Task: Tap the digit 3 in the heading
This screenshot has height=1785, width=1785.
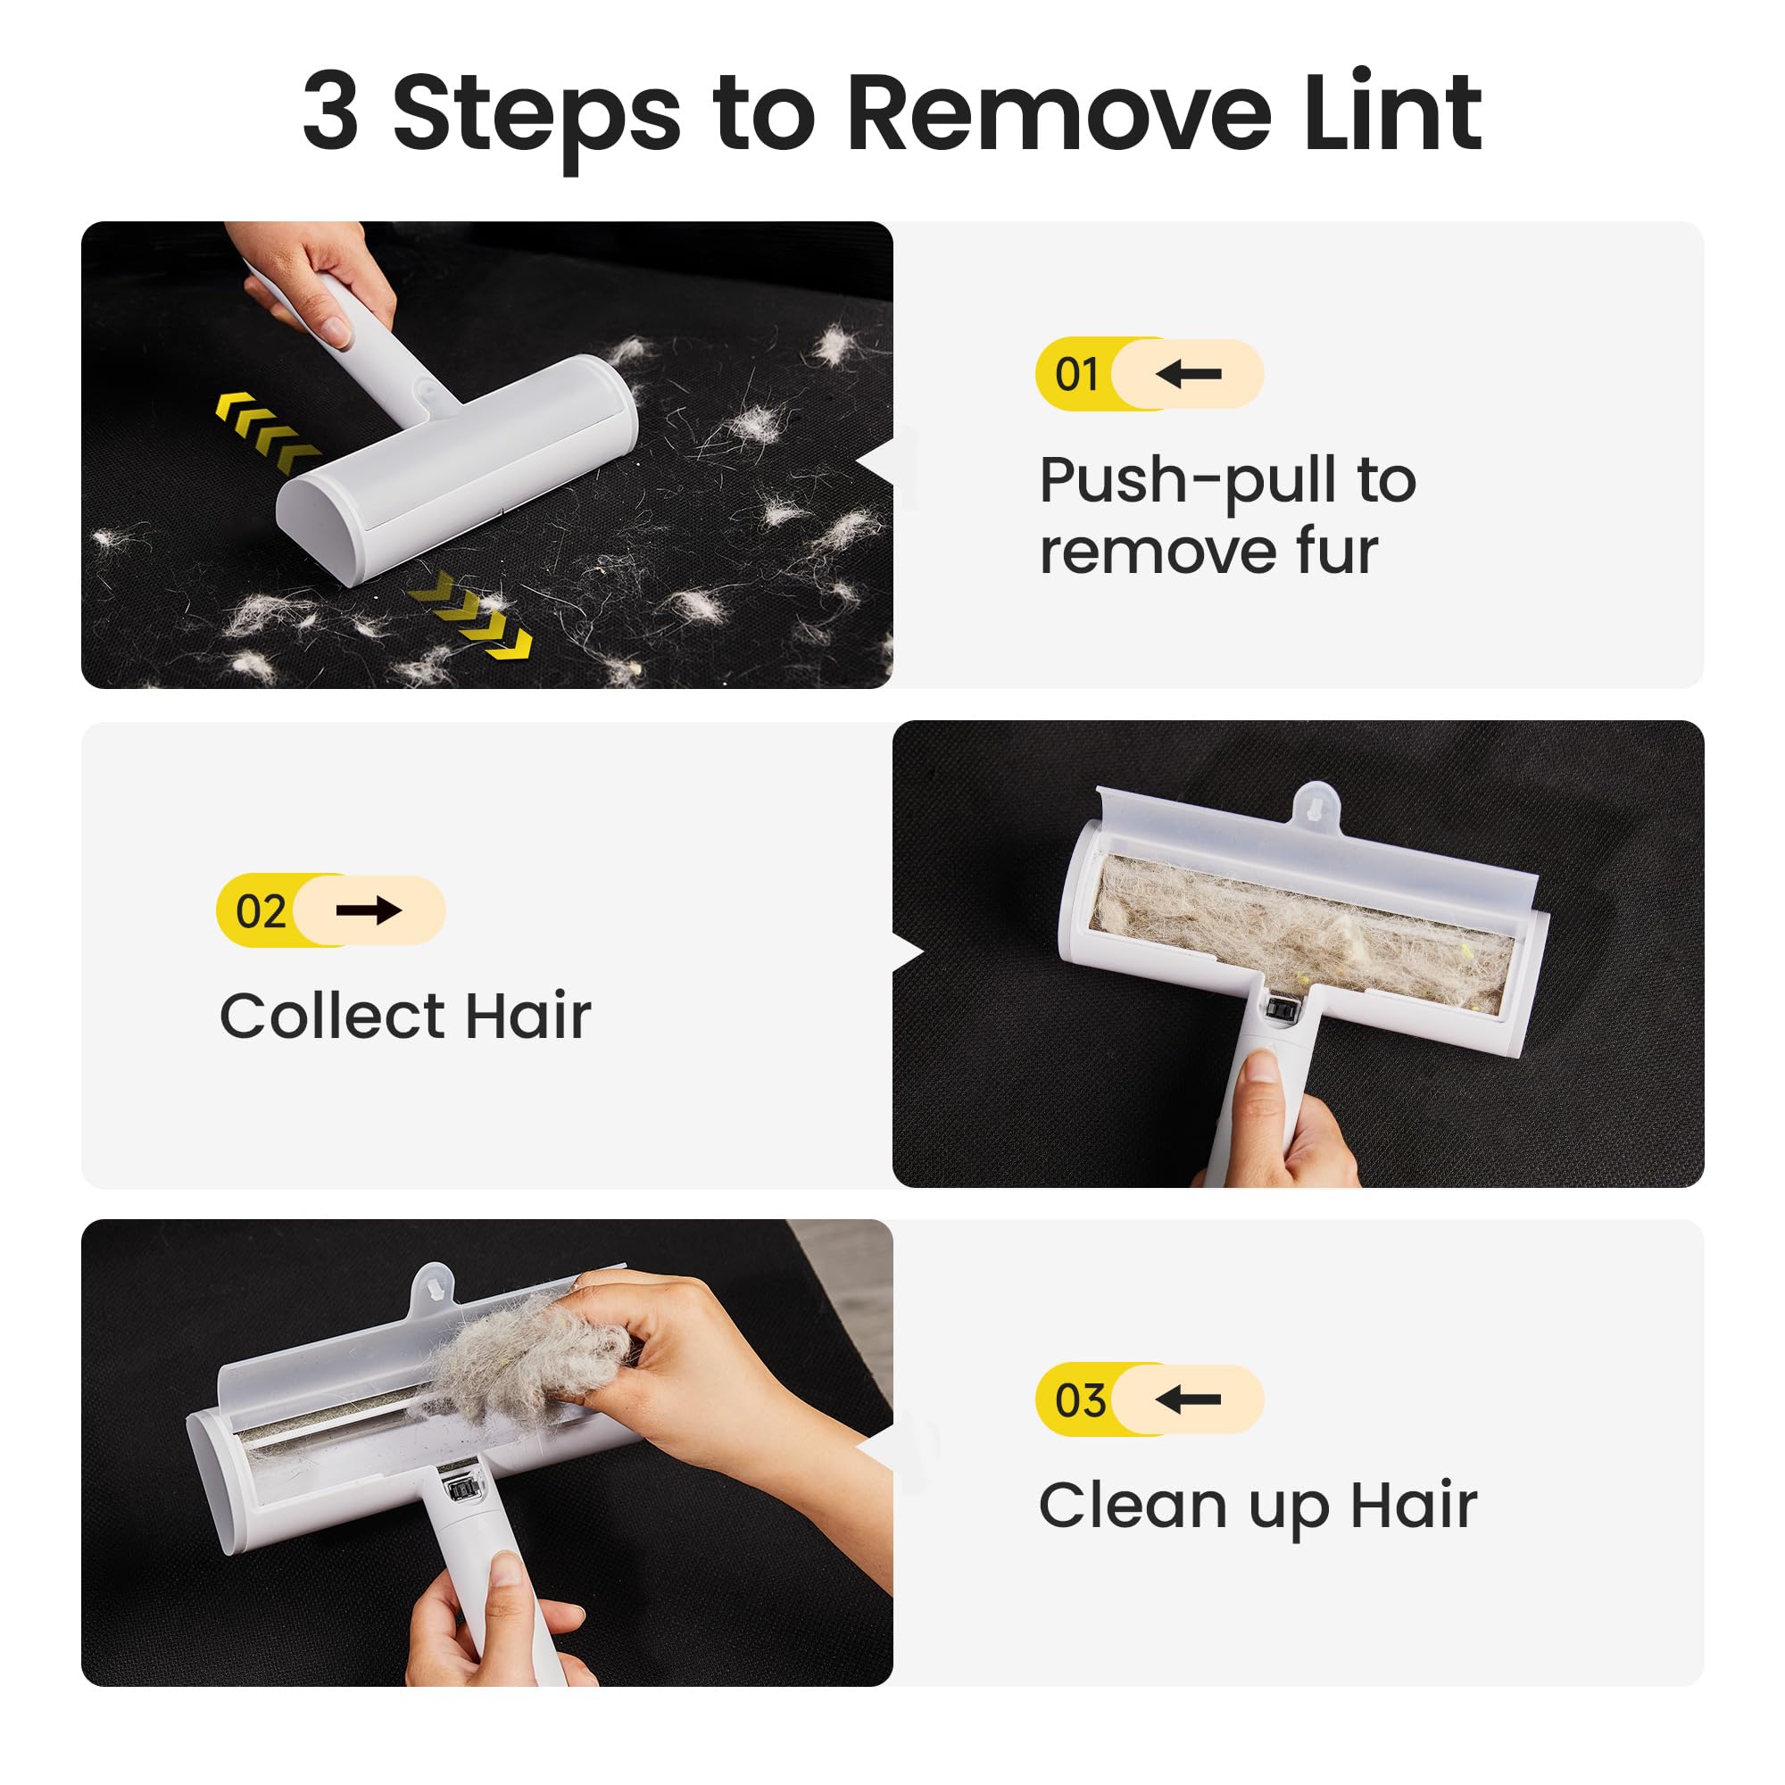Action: (330, 112)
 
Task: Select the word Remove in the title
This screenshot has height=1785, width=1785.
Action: (1058, 112)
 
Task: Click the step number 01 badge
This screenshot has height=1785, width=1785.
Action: (1077, 374)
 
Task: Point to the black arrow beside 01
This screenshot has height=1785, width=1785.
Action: (1189, 374)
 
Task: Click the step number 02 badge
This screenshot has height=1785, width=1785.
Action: (261, 911)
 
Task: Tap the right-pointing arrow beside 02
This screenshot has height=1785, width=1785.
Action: (369, 911)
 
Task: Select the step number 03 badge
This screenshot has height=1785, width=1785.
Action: (1079, 1400)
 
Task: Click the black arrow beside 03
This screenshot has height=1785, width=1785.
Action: (1189, 1400)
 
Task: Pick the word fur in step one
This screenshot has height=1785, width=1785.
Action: (1337, 552)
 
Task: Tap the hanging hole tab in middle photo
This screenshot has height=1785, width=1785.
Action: (1315, 802)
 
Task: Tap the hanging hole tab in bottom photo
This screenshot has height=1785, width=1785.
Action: (432, 1285)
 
